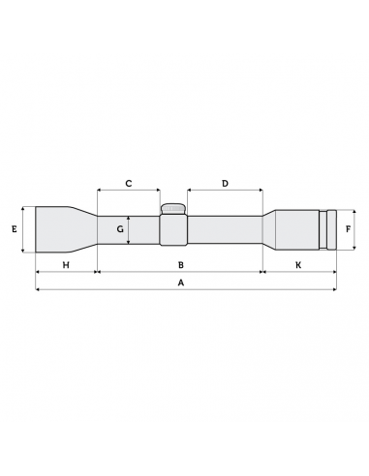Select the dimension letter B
180,264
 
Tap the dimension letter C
128,183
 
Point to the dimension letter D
225,183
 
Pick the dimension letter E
14,229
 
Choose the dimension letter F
349,229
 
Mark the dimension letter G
120,230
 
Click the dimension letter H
66,264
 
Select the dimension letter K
298,264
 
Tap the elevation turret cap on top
173,208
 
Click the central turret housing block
173,230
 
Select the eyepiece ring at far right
332,229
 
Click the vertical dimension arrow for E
23,229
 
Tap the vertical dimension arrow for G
130,230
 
